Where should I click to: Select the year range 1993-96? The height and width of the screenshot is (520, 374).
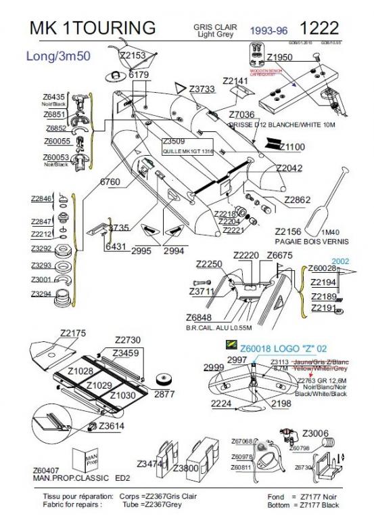[268, 30]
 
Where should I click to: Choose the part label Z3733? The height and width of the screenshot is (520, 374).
[202, 89]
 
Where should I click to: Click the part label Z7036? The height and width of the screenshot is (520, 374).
[241, 115]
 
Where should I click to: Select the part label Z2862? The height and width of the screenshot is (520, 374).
[297, 200]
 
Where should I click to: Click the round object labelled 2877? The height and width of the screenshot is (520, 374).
[164, 378]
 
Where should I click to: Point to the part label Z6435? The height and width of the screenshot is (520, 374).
[52, 97]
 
